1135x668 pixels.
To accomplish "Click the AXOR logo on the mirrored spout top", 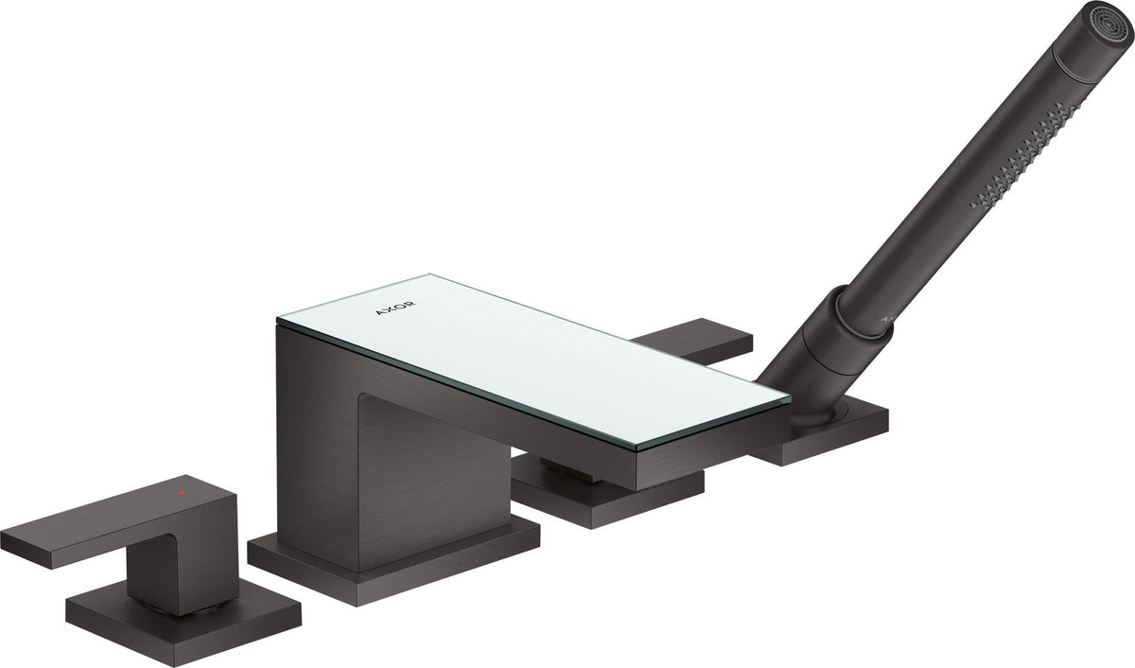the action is point(395,308).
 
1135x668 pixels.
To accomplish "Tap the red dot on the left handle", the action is point(180,492).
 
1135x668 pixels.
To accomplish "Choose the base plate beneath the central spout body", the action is point(393,563).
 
